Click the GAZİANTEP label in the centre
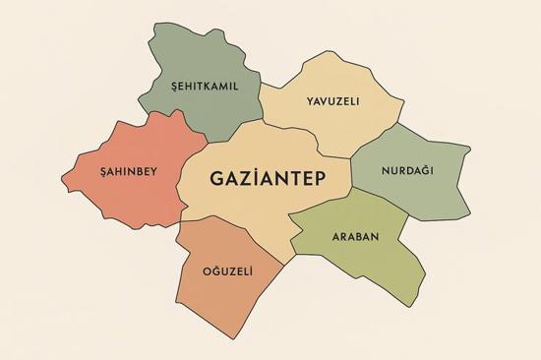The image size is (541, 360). coord(267,180)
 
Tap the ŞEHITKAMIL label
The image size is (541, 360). coord(205,86)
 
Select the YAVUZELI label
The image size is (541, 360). coord(331,101)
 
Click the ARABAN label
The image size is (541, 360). coord(355,237)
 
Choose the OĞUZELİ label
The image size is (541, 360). coord(227,270)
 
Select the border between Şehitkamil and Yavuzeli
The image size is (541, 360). coord(264,103)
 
